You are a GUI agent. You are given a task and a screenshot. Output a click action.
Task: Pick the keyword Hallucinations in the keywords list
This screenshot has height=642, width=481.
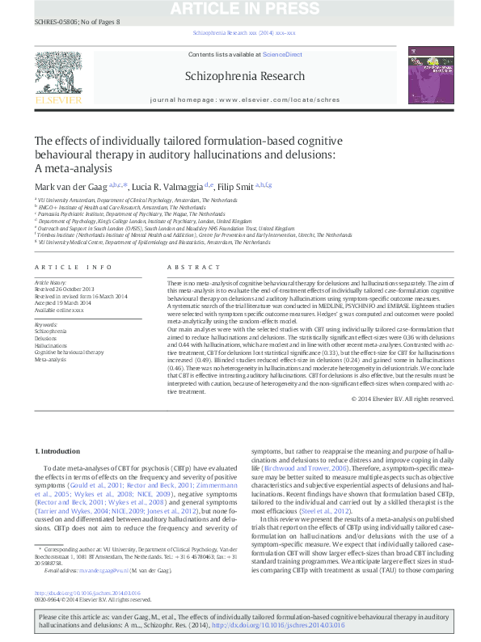coord(52,345)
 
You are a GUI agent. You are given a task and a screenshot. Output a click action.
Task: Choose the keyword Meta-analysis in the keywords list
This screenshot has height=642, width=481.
coord(51,360)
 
